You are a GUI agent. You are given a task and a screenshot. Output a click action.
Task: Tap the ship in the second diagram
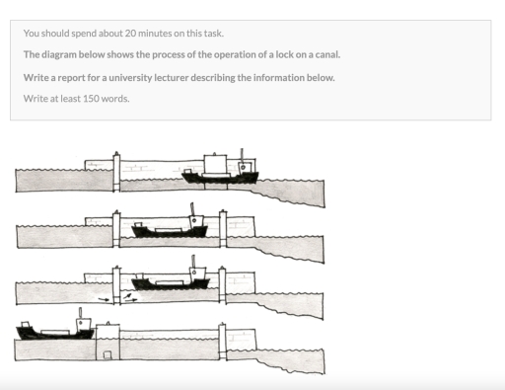point(170,229)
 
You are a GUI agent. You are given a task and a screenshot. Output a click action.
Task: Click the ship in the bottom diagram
point(54,330)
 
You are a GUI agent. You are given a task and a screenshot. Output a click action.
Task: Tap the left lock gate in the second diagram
point(115,229)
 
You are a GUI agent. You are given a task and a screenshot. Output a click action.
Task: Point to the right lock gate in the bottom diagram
point(223,341)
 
